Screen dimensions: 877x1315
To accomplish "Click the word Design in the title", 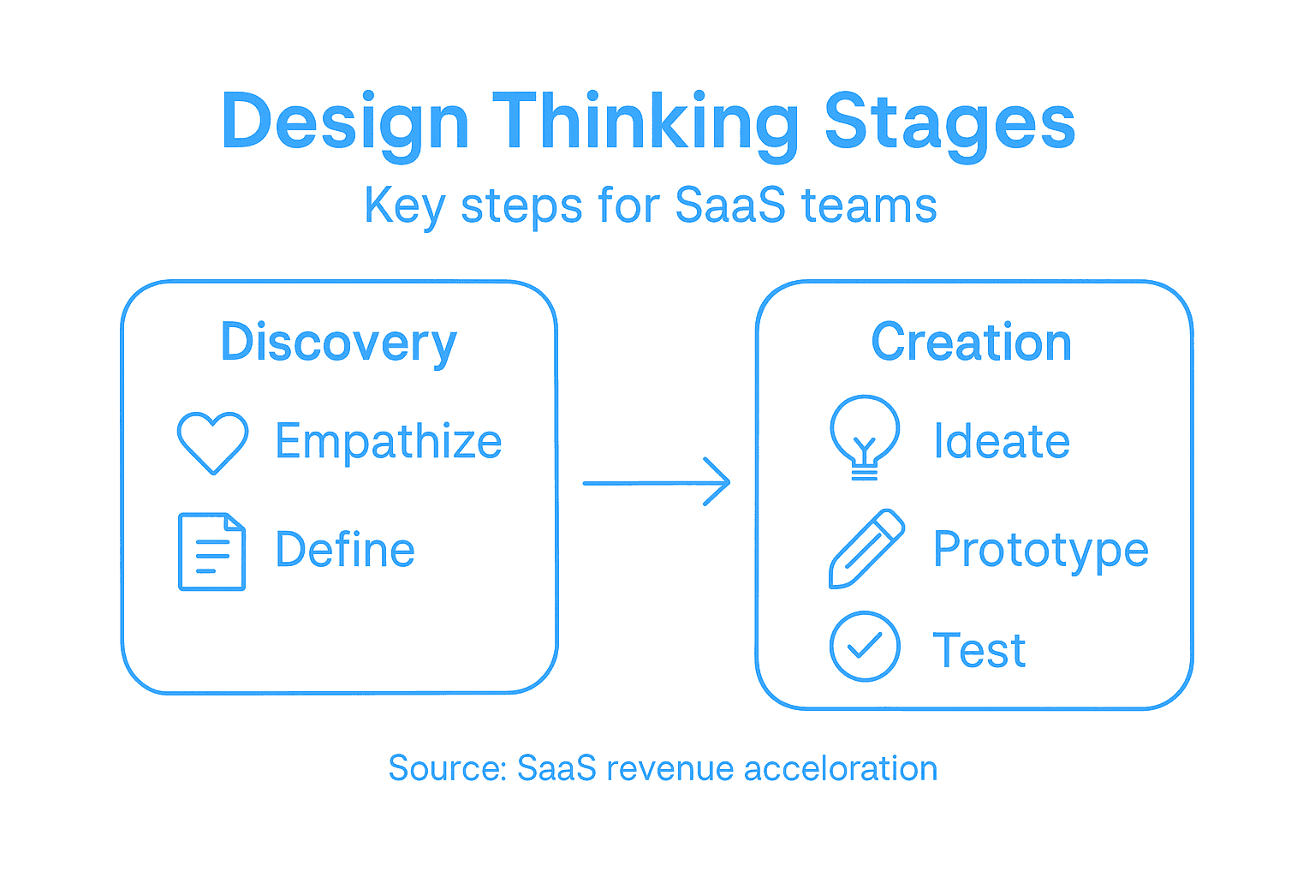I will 344,122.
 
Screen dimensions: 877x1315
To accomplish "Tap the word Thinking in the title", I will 646,122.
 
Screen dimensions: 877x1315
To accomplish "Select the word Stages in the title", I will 949,122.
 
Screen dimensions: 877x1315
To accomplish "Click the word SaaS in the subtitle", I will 729,206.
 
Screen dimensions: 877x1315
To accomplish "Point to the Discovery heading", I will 339,343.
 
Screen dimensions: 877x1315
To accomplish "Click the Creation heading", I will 972,343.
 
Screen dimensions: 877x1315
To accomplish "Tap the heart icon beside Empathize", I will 212,442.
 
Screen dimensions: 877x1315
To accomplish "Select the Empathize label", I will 388,442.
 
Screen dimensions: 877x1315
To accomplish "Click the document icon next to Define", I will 211,552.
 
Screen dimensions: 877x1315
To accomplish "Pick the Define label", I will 345,550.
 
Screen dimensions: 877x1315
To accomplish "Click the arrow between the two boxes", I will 656,482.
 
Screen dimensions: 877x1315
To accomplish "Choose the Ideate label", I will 1002,442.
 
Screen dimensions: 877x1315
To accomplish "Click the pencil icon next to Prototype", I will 866,549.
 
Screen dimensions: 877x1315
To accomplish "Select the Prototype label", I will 1040,550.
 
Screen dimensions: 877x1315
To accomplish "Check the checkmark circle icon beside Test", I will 865,647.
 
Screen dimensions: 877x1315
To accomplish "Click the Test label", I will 979,650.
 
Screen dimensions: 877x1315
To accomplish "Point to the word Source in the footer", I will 445,768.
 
